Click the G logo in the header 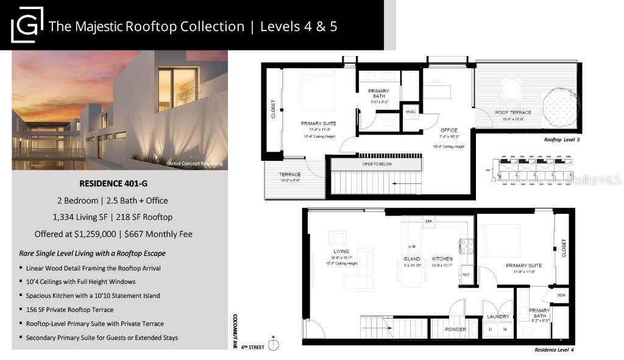tap(27, 25)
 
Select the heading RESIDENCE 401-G tap(119, 183)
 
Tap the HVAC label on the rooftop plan tap(410, 111)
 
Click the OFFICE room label tap(448, 130)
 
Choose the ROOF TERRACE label tap(512, 113)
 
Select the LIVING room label tap(341, 252)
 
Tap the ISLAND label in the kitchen tap(412, 258)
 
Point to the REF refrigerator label tap(466, 275)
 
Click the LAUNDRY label tap(498, 316)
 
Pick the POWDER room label tap(455, 330)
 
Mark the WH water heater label tap(561, 295)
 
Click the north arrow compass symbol tap(274, 345)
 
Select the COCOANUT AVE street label tap(235, 333)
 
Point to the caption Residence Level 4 tap(554, 350)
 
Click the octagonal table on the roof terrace tap(511, 91)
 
